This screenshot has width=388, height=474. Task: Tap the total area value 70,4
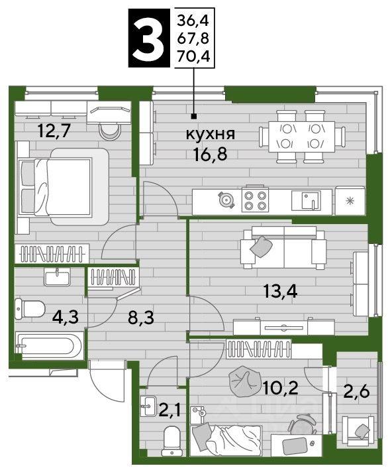[193, 56]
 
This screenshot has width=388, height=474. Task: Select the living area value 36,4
[193, 21]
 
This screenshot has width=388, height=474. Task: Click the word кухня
[210, 134]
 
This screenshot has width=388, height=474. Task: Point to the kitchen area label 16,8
[211, 154]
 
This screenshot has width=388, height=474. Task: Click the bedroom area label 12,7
[54, 131]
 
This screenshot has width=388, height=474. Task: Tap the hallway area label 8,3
[141, 318]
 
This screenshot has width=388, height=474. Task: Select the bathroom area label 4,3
[66, 317]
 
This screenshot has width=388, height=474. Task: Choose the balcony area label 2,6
[357, 392]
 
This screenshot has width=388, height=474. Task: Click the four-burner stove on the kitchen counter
[255, 200]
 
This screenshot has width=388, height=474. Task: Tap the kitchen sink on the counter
[306, 200]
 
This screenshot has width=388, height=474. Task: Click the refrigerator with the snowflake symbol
[350, 201]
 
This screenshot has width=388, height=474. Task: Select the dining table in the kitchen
[301, 137]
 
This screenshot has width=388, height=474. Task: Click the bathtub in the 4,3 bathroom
[49, 345]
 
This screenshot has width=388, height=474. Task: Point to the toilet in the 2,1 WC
[171, 441]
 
